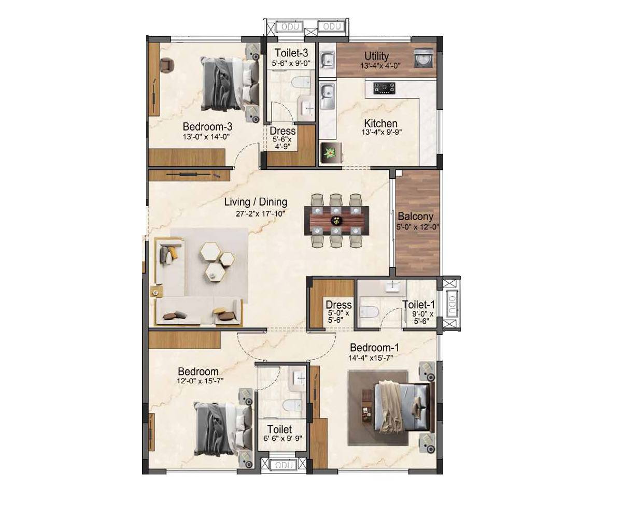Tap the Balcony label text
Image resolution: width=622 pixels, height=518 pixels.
[415, 217]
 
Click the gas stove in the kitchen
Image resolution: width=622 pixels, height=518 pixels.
[385, 89]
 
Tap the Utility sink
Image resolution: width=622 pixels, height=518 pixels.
[327, 60]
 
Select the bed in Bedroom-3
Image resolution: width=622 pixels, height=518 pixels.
[230, 83]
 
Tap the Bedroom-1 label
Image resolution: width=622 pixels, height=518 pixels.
[374, 347]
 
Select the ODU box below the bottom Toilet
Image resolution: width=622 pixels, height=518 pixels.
[284, 465]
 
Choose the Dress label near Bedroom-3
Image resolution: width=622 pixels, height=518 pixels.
[282, 131]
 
